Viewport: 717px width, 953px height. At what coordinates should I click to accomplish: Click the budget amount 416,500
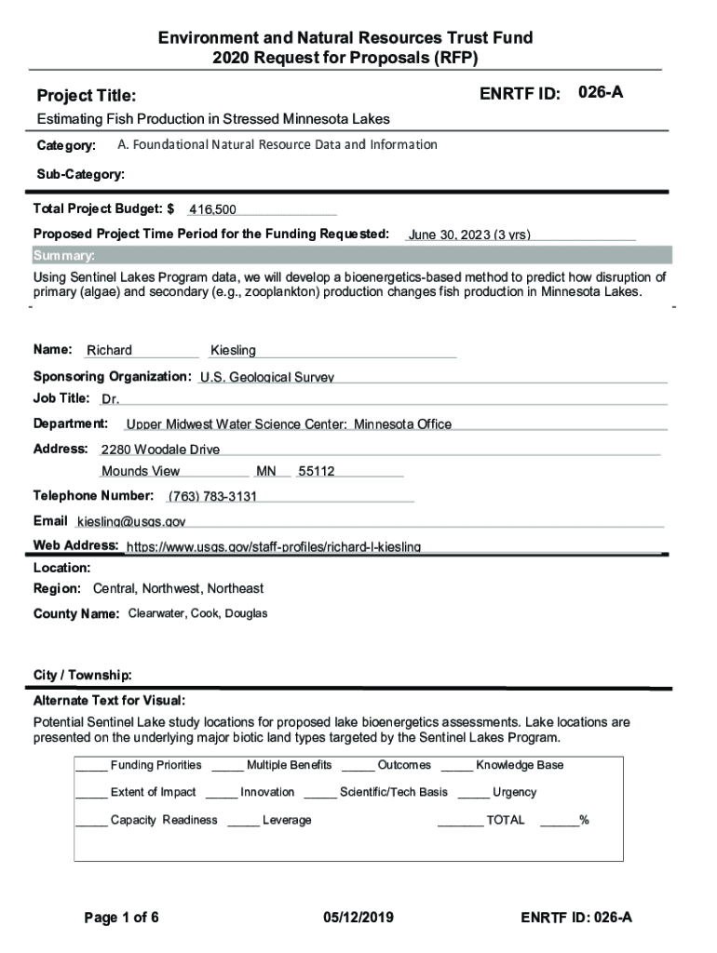[x=212, y=210]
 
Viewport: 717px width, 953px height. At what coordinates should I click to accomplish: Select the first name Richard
[x=110, y=351]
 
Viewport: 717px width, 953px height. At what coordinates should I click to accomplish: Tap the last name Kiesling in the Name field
[x=233, y=351]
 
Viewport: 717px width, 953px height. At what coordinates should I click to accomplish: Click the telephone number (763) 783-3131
[x=212, y=496]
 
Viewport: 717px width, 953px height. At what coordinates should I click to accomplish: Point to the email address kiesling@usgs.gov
[x=131, y=521]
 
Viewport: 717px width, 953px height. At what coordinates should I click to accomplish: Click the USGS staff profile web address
[x=274, y=546]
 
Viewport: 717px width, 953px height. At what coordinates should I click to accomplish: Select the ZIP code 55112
[x=317, y=472]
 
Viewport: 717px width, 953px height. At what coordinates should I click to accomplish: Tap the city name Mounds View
[x=141, y=472]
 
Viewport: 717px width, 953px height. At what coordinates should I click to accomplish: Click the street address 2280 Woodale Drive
[x=160, y=450]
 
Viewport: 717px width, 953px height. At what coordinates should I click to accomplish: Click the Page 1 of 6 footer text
[x=122, y=918]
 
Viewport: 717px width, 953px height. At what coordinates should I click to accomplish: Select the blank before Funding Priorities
[x=91, y=767]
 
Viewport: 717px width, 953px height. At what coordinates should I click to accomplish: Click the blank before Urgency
[x=473, y=794]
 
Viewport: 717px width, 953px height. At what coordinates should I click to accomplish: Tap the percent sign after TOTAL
[x=584, y=820]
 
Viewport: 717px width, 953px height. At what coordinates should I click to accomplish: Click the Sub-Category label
[x=80, y=174]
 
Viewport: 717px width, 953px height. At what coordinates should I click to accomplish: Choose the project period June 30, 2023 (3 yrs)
[x=469, y=235]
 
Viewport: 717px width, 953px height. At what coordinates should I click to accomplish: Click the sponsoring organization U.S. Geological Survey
[x=267, y=378]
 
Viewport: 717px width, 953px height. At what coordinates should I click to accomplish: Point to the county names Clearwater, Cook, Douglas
[x=197, y=614]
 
